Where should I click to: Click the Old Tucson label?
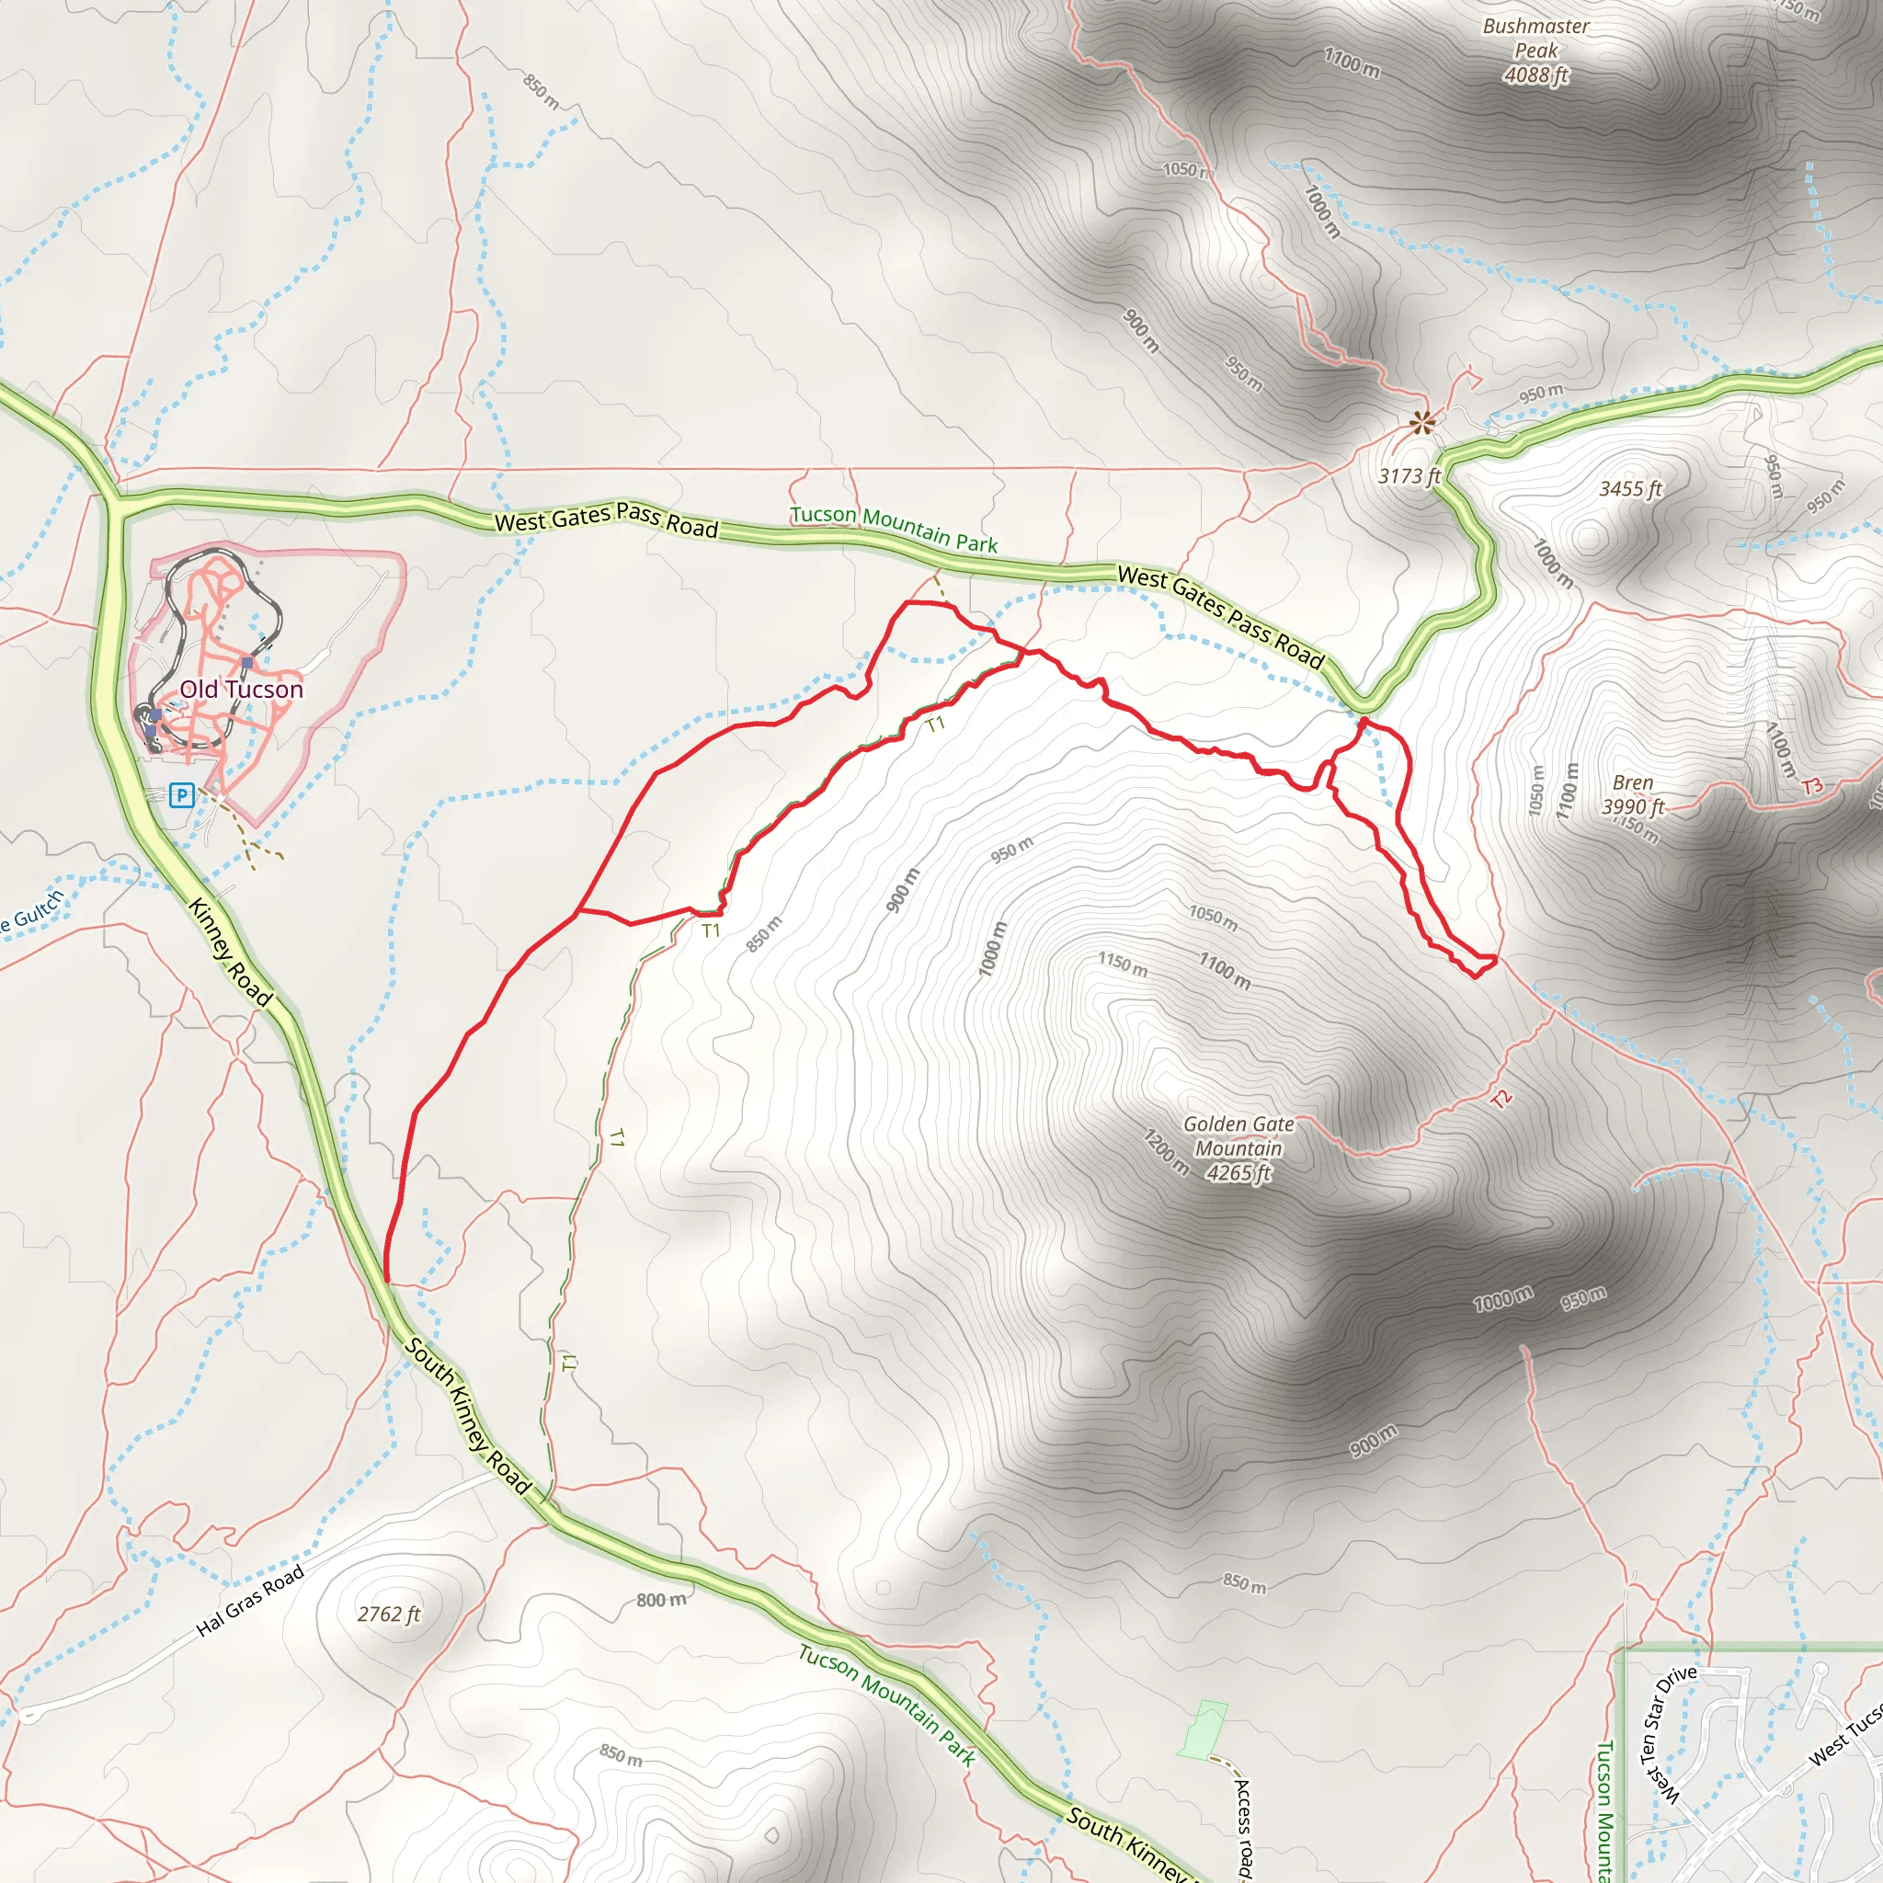tap(241, 689)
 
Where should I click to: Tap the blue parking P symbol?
tap(181, 795)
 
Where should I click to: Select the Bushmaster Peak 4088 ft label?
tap(1536, 51)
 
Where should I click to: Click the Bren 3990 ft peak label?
tap(1633, 794)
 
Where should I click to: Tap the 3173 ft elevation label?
tap(1409, 476)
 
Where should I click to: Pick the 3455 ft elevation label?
tap(1630, 489)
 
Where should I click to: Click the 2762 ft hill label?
tap(388, 1614)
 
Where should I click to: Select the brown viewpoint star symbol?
tap(1423, 423)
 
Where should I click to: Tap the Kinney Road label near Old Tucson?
tap(230, 952)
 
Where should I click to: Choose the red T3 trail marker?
tap(1812, 785)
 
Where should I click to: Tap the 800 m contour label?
tap(661, 1600)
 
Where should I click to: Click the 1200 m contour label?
tap(1167, 1151)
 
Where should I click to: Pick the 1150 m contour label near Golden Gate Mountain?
tap(1123, 964)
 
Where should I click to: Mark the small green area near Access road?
tap(1204, 1730)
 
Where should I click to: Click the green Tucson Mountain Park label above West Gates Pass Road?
tap(893, 529)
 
